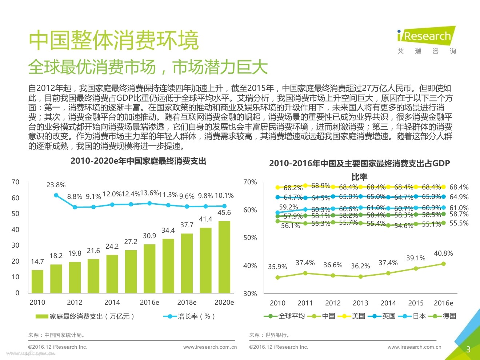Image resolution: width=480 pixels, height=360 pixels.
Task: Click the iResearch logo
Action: click(x=426, y=40)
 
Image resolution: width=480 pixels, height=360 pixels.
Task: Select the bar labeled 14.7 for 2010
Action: click(x=37, y=281)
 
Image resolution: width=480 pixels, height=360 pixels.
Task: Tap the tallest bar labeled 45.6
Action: click(x=224, y=257)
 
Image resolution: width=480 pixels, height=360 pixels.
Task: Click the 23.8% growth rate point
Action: click(x=56, y=195)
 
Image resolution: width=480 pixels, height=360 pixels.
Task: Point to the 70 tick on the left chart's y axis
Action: click(x=15, y=182)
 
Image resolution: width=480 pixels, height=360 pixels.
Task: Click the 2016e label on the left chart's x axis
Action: click(x=149, y=302)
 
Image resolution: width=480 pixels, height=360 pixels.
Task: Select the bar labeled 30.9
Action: click(x=149, y=268)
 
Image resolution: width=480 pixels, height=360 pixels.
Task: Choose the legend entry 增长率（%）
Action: click(x=189, y=316)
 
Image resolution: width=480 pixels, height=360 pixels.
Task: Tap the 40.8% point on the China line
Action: click(x=444, y=264)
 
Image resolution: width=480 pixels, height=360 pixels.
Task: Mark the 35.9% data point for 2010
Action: click(x=278, y=277)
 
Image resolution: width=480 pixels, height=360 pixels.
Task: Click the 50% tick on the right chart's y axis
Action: click(x=250, y=238)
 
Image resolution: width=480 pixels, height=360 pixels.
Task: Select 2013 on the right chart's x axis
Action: click(x=360, y=303)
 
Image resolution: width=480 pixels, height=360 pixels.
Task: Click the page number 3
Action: click(x=468, y=349)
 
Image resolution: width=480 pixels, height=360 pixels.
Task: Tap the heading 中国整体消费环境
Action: click(x=114, y=40)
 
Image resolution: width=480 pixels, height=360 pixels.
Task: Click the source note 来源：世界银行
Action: click(x=269, y=335)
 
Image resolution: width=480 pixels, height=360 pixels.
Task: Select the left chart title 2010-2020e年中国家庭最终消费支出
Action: click(x=138, y=161)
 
